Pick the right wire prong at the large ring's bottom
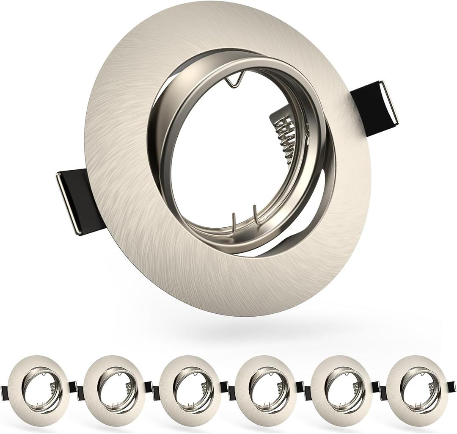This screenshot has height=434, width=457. click(x=255, y=216)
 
